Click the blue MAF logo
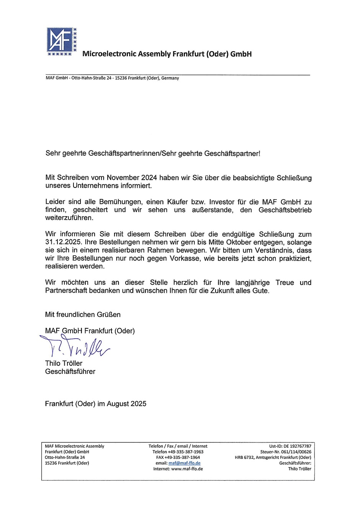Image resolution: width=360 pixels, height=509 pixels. pos(61,41)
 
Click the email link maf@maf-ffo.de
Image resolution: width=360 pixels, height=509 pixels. pos(184,463)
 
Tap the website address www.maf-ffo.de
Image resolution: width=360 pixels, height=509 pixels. pos(187,469)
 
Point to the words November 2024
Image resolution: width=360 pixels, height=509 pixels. pos(129,178)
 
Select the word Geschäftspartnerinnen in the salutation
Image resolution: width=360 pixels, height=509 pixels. pos(124,153)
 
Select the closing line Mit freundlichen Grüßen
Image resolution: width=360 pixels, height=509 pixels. pos(83,315)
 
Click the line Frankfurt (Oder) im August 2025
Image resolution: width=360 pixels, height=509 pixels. pos(96,404)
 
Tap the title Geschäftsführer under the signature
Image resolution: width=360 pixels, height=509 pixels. pos(70,371)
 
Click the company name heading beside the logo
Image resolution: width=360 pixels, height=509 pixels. pos(167,54)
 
